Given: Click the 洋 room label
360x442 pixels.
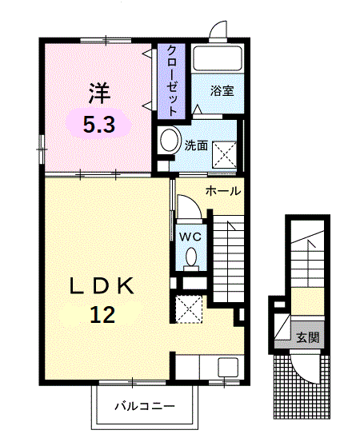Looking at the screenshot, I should tap(98, 94).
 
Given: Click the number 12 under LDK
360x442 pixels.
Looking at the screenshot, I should tap(102, 314).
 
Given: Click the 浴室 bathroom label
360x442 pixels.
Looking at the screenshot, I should tap(222, 90).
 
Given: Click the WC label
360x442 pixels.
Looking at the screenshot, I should tap(190, 237).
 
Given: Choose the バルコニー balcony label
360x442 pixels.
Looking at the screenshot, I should tap(144, 406).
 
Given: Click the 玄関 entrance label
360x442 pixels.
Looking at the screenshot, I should tap(307, 336).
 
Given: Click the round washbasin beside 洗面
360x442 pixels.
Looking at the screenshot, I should tap(170, 141).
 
